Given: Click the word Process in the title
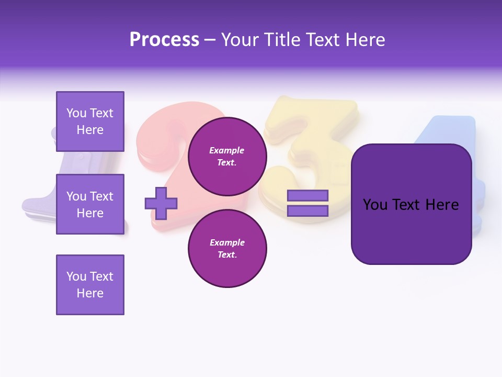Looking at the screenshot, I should point(164,40).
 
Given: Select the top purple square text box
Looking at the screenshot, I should point(90,121).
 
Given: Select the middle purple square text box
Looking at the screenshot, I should point(90,204).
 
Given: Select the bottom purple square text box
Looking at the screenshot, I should point(90,285).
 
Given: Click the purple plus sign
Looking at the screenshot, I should point(161,203).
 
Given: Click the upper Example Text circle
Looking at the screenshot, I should point(227,157).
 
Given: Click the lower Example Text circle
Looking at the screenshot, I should point(227,248).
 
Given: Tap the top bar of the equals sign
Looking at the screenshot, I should point(307,196).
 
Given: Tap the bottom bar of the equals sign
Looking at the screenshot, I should point(307,211).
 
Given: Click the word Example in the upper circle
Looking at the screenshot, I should point(227,151).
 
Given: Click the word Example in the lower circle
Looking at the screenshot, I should point(227,242).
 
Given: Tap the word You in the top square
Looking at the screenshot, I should point(76,113).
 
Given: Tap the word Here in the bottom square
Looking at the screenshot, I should point(90,293).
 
